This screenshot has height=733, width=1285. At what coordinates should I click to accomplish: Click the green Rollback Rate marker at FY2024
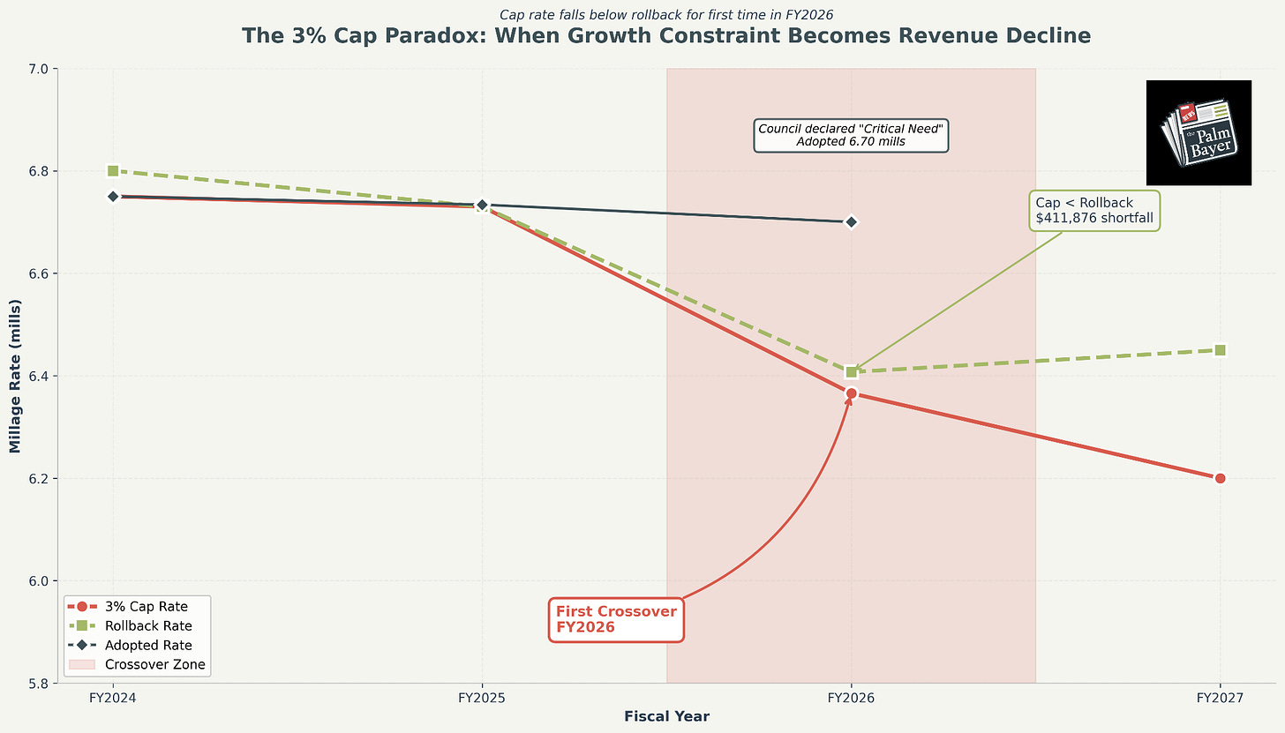pos(113,170)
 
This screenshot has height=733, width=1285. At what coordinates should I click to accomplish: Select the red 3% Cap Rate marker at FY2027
pos(1220,478)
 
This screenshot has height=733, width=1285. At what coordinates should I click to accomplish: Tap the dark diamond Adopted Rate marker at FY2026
pos(851,221)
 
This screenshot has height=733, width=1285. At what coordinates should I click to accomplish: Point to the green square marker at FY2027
pos(1220,350)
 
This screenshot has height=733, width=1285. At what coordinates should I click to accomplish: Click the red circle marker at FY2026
pos(851,393)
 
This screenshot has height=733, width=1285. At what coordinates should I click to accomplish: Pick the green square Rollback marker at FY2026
pos(851,372)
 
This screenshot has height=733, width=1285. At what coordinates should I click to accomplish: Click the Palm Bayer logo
pos(1198,132)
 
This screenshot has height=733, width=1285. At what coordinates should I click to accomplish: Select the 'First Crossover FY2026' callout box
pos(616,619)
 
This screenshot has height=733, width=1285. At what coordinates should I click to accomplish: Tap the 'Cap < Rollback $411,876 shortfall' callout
pos(1094,211)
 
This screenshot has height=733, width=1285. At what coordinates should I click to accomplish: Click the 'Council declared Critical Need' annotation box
pos(850,135)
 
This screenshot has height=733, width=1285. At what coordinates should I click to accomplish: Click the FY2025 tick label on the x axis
pos(482,698)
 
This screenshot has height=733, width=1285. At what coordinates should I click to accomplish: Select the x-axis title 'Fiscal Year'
pos(666,716)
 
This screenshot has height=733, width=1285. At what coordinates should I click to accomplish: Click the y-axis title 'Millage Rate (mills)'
pos(14,375)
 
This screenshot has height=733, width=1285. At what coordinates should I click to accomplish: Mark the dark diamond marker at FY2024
pos(113,197)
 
